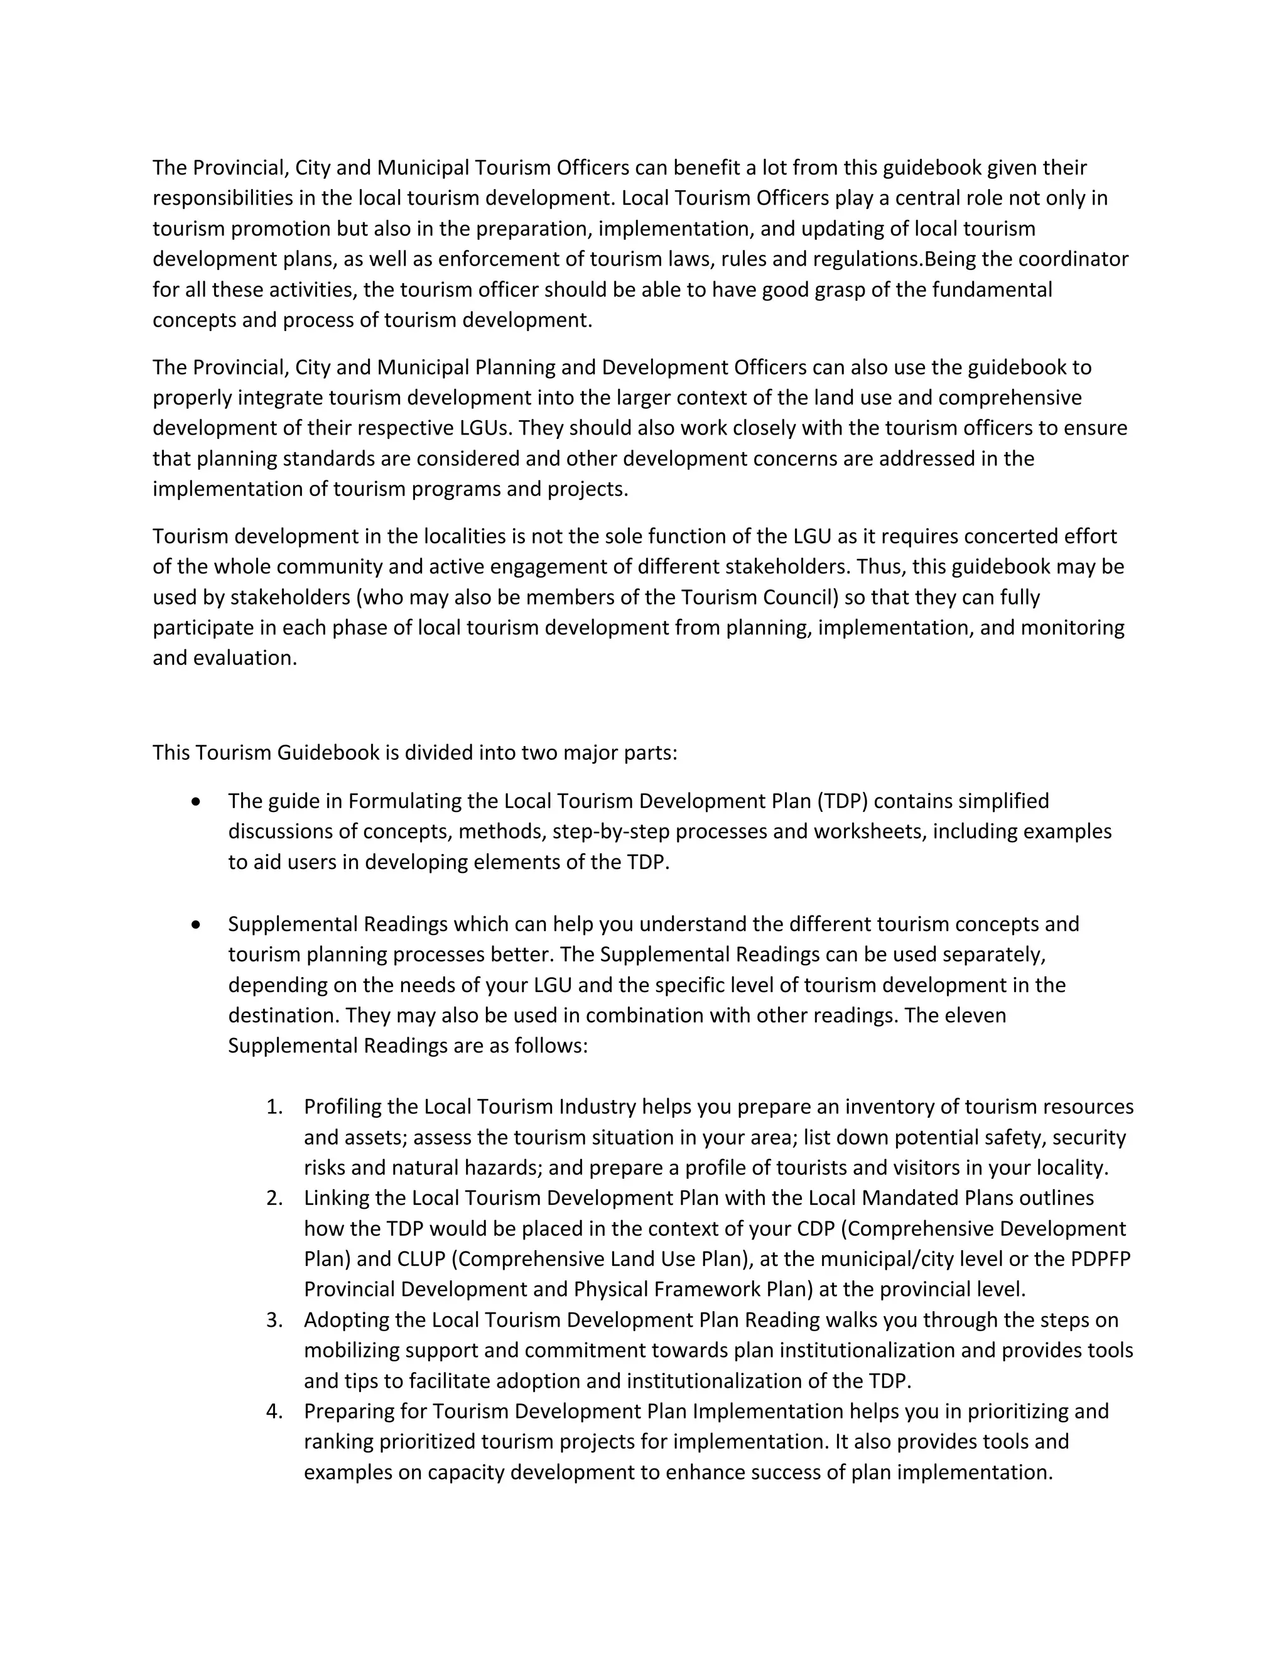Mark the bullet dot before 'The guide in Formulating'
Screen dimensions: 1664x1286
[197, 801]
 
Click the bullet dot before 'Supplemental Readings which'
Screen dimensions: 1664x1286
[197, 925]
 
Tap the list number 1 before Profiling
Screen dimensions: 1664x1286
[274, 1107]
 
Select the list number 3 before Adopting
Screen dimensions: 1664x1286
[274, 1321]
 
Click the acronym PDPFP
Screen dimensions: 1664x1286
[1100, 1260]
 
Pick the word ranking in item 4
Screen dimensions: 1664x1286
[338, 1442]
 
